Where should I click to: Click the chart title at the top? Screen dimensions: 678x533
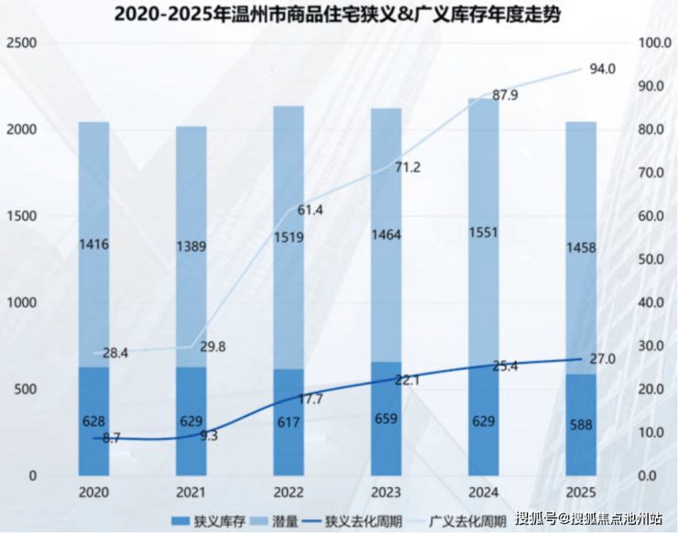338,14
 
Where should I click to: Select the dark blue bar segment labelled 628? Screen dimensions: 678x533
93,421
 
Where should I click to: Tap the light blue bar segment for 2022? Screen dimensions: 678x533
289,237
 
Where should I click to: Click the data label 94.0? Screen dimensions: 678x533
603,69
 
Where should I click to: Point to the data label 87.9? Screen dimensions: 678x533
505,95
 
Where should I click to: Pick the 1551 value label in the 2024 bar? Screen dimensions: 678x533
484,233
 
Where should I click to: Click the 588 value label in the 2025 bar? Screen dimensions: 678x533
581,425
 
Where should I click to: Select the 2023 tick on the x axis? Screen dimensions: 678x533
386,493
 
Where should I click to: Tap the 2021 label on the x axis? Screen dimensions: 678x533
191,493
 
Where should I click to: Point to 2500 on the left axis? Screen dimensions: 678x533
22,43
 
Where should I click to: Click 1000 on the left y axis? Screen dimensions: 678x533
22,302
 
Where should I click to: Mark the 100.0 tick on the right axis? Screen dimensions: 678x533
655,43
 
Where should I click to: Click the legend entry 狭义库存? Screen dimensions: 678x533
208,521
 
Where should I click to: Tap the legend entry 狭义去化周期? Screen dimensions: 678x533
353,521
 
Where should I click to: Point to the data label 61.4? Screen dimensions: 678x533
310,210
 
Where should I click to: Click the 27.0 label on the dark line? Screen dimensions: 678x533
603,359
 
